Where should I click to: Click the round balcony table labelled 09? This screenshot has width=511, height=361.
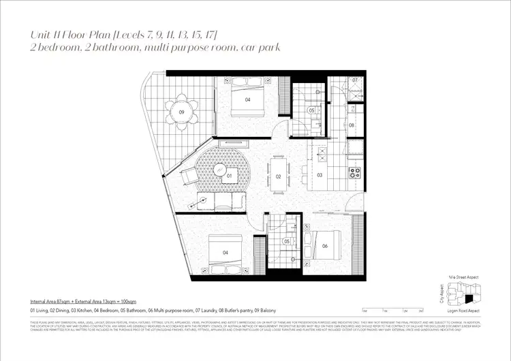pos(183,112)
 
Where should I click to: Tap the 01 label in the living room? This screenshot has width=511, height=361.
pos(230,176)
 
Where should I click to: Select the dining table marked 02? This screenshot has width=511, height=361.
pos(278,176)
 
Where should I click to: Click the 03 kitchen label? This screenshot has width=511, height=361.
pos(320,176)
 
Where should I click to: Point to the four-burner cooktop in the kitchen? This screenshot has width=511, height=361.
pos(354,172)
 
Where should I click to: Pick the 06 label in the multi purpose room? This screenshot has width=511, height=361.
pos(325,246)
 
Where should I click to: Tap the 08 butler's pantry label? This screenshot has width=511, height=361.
pos(352,125)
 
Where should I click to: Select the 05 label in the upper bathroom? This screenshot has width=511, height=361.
pos(311,110)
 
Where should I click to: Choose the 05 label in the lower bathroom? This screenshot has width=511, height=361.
pos(288,241)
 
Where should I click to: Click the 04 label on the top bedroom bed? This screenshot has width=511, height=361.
pos(248,99)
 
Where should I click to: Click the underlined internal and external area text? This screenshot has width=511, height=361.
pos(82,300)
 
